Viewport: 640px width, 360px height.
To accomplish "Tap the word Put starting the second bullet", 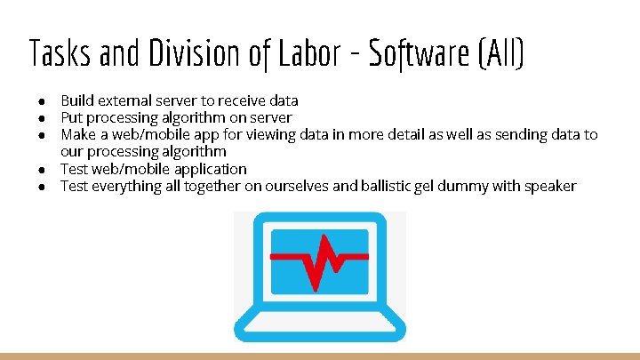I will coord(71,117).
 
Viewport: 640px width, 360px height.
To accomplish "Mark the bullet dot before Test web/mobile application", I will coord(43,169).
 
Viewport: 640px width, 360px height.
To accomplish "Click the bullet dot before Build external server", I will coord(43,100).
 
